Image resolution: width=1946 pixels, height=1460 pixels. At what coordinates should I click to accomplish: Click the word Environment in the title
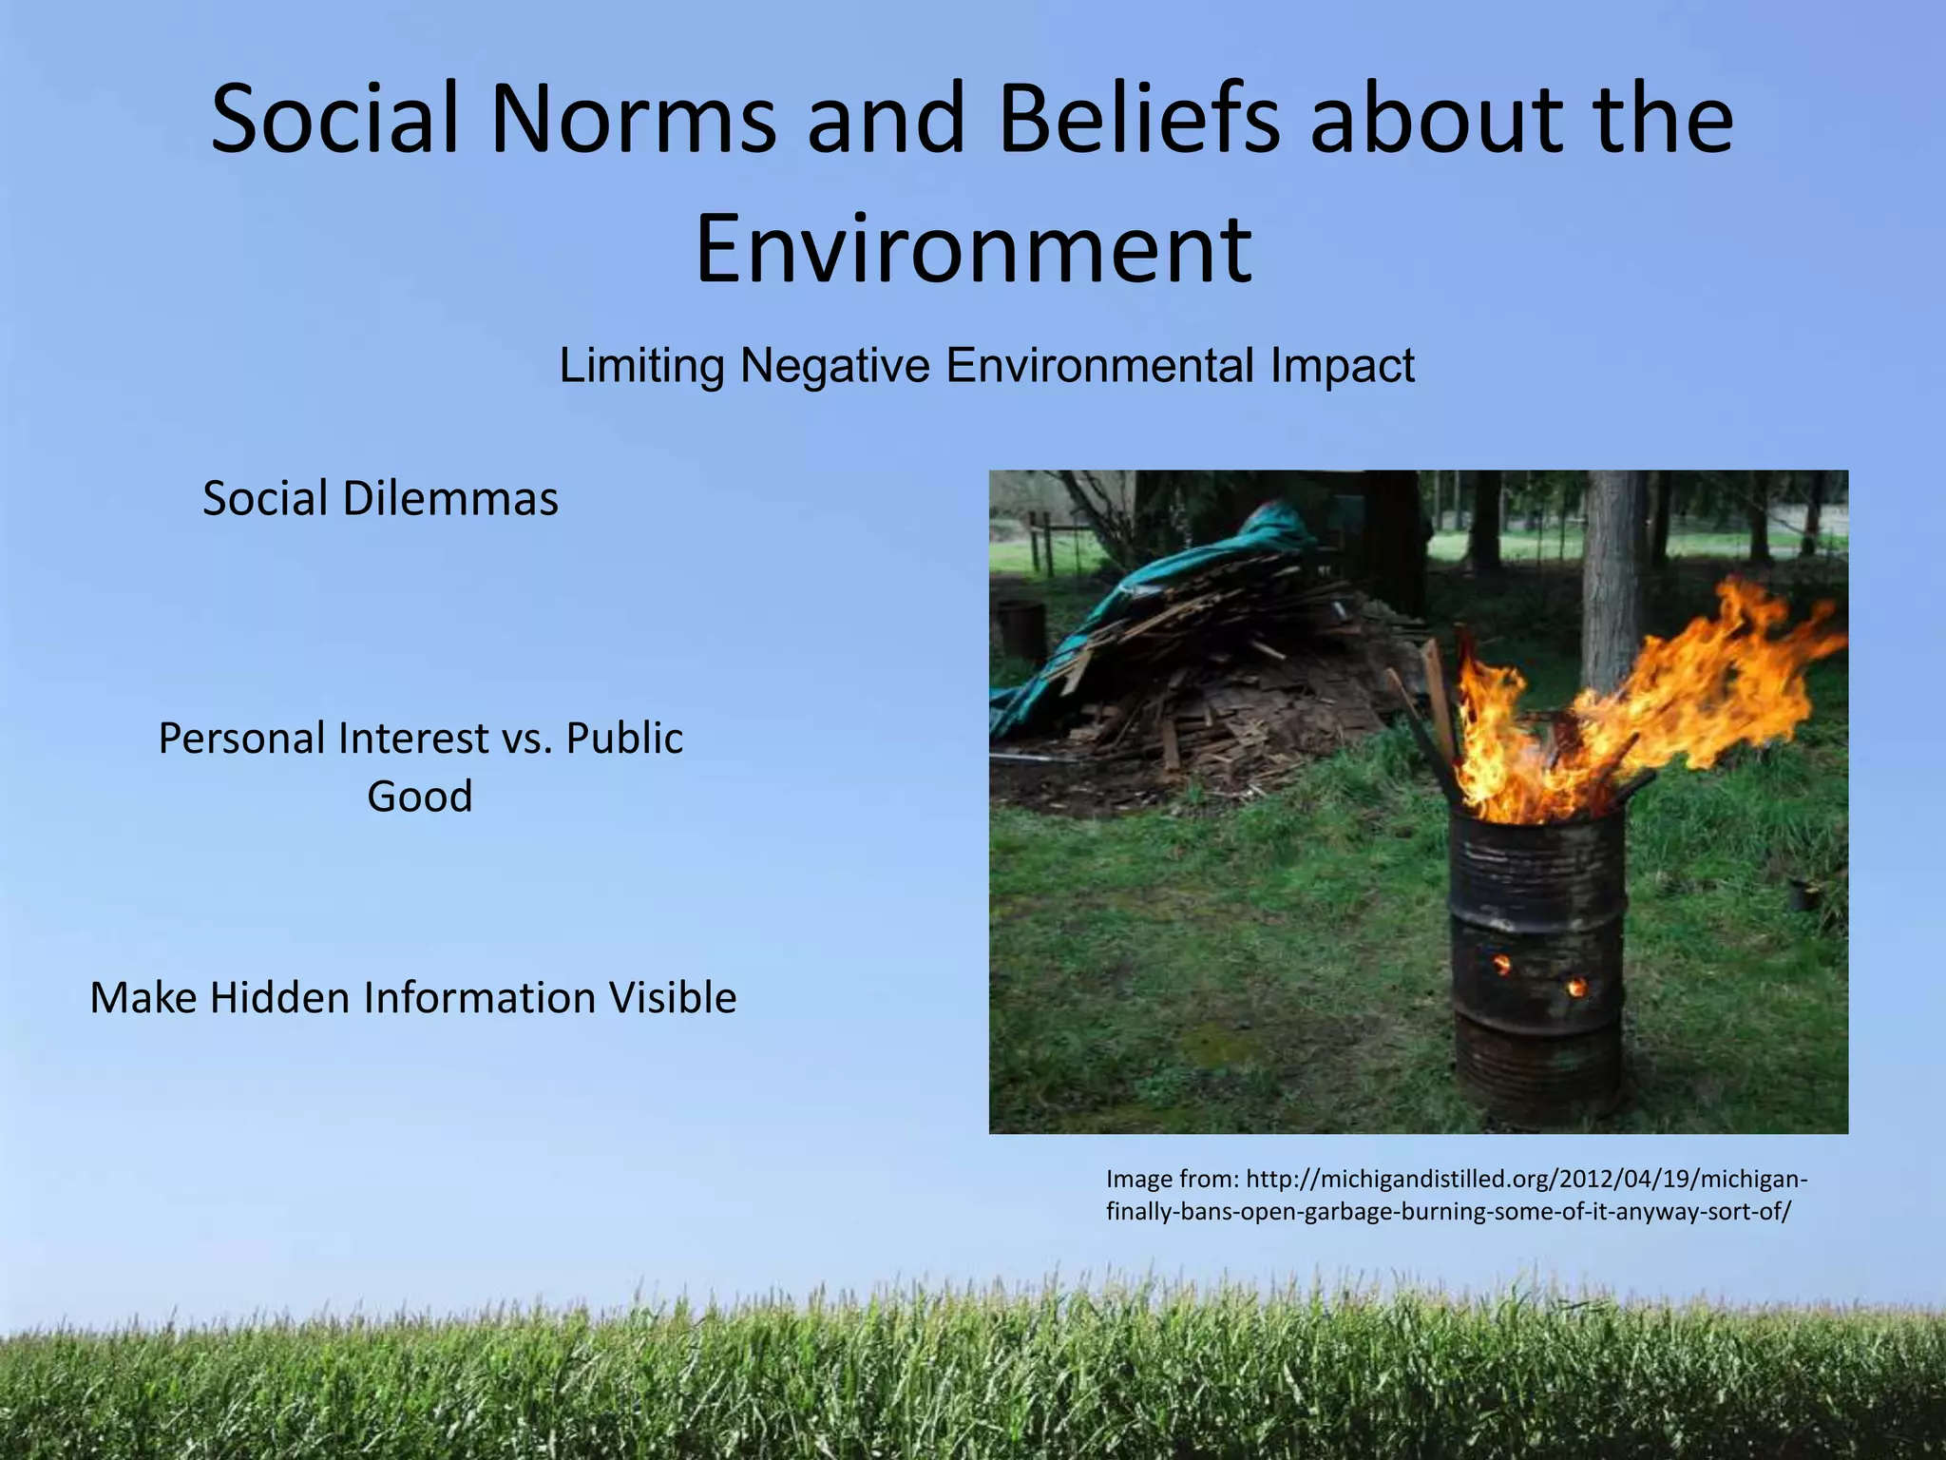[973, 249]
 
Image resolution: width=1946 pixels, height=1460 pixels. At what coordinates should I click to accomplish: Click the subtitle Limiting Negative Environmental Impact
[986, 365]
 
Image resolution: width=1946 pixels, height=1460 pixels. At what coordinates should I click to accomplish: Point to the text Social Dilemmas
[380, 498]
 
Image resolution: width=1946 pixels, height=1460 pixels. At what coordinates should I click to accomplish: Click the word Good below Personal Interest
[420, 796]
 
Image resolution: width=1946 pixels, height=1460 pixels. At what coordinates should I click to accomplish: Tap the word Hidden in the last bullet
[280, 998]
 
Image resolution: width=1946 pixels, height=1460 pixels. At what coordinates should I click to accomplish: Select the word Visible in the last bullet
[673, 998]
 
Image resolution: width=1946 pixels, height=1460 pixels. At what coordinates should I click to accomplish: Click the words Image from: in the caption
[1172, 1180]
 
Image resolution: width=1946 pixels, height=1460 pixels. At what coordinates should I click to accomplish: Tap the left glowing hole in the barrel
[1502, 966]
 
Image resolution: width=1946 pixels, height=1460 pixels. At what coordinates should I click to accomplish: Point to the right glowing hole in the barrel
[1576, 988]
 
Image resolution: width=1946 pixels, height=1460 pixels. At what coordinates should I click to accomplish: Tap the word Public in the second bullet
[624, 739]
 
